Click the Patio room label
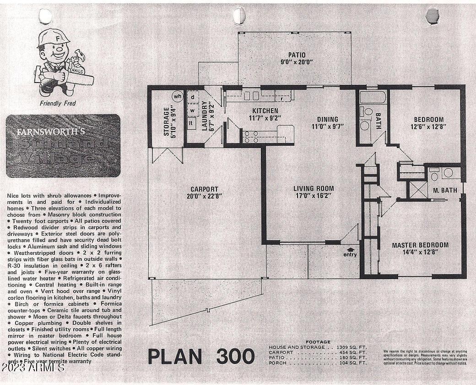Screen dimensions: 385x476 [x=297, y=55]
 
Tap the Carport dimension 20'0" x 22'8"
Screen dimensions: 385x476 [x=205, y=196]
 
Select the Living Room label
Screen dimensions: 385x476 [x=314, y=188]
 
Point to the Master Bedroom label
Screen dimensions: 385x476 [x=420, y=245]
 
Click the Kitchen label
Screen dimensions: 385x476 [x=265, y=110]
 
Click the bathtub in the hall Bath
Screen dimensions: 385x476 [x=373, y=97]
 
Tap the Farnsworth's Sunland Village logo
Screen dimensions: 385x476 [x=63, y=145]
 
